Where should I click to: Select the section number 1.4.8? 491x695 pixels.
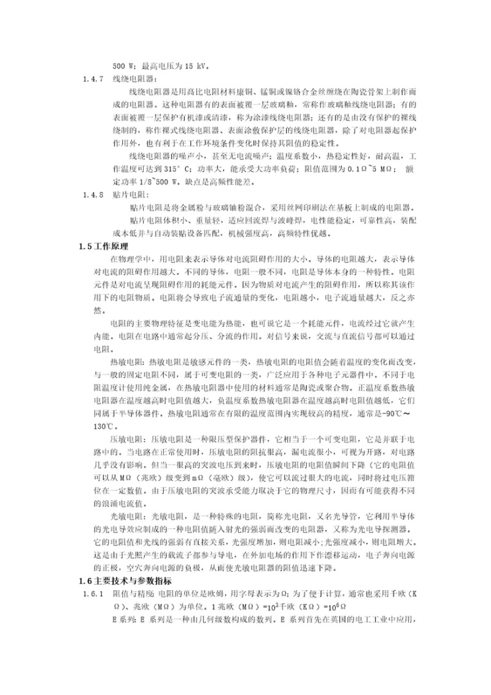pos(93,194)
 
